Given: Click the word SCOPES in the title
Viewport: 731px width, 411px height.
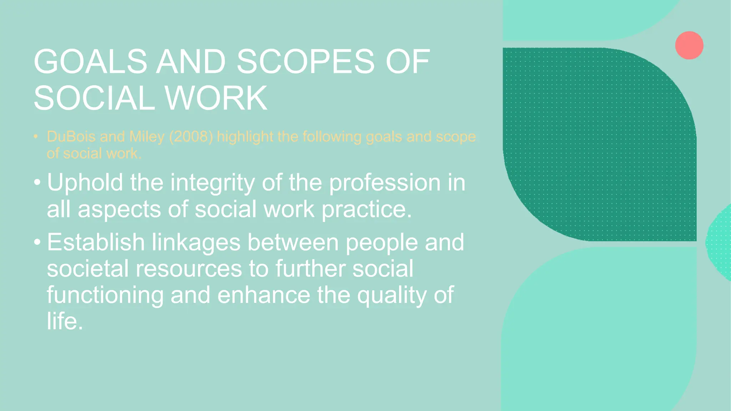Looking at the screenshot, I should pos(305,62).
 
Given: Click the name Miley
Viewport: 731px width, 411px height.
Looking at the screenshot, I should pos(147,137).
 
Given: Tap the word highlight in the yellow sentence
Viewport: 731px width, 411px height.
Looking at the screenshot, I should pos(245,137).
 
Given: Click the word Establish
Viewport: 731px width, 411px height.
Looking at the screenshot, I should pos(96,242).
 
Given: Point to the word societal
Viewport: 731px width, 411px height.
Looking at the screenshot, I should pos(87,269).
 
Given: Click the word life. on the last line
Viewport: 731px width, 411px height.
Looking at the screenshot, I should pos(65,321).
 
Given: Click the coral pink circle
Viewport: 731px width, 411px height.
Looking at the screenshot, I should pos(689,45).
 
